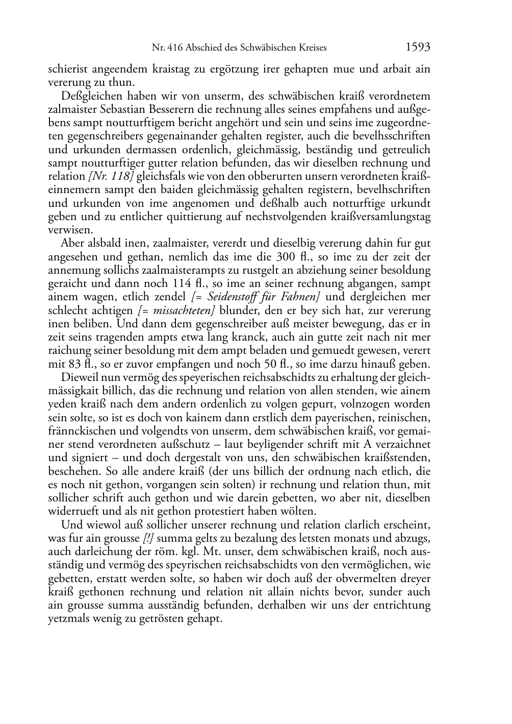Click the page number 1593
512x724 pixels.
point(418,47)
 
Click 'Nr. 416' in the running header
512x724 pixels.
point(164,48)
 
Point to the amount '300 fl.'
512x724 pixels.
point(291,257)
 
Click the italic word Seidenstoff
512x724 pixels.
point(234,297)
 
